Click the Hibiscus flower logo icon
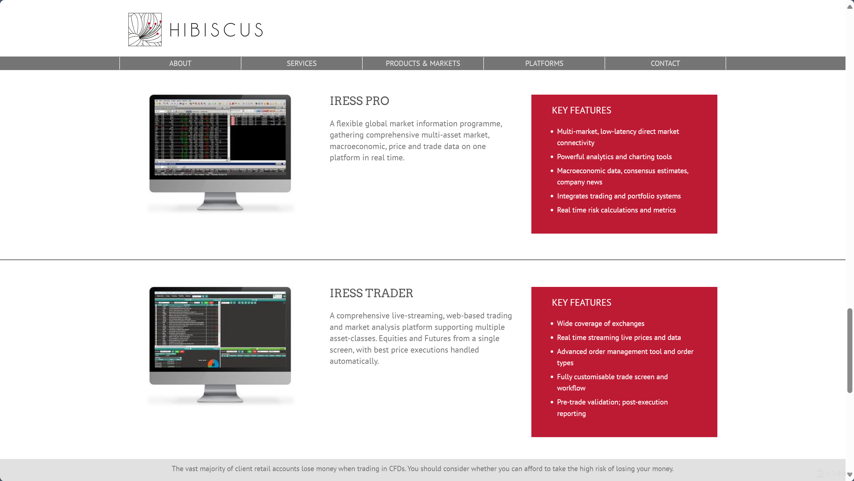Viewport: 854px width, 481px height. [145, 30]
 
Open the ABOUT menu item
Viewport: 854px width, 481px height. [180, 63]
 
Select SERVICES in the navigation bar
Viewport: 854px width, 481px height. [301, 63]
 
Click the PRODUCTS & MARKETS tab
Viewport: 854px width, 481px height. [423, 63]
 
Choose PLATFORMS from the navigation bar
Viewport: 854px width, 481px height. [544, 63]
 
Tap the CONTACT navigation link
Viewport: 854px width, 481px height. [665, 63]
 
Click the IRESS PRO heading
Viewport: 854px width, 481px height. [359, 101]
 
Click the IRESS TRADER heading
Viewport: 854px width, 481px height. [371, 293]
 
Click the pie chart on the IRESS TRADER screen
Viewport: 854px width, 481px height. [213, 364]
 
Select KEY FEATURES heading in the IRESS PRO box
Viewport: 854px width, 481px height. [581, 110]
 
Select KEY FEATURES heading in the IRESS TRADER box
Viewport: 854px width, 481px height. [581, 303]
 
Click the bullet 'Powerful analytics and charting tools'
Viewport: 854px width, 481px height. [614, 157]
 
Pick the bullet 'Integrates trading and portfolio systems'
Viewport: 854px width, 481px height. [619, 196]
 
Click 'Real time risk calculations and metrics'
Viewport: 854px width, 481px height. [616, 210]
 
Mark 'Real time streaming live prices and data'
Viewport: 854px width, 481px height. [619, 337]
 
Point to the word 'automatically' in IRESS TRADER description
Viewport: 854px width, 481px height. [353, 361]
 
